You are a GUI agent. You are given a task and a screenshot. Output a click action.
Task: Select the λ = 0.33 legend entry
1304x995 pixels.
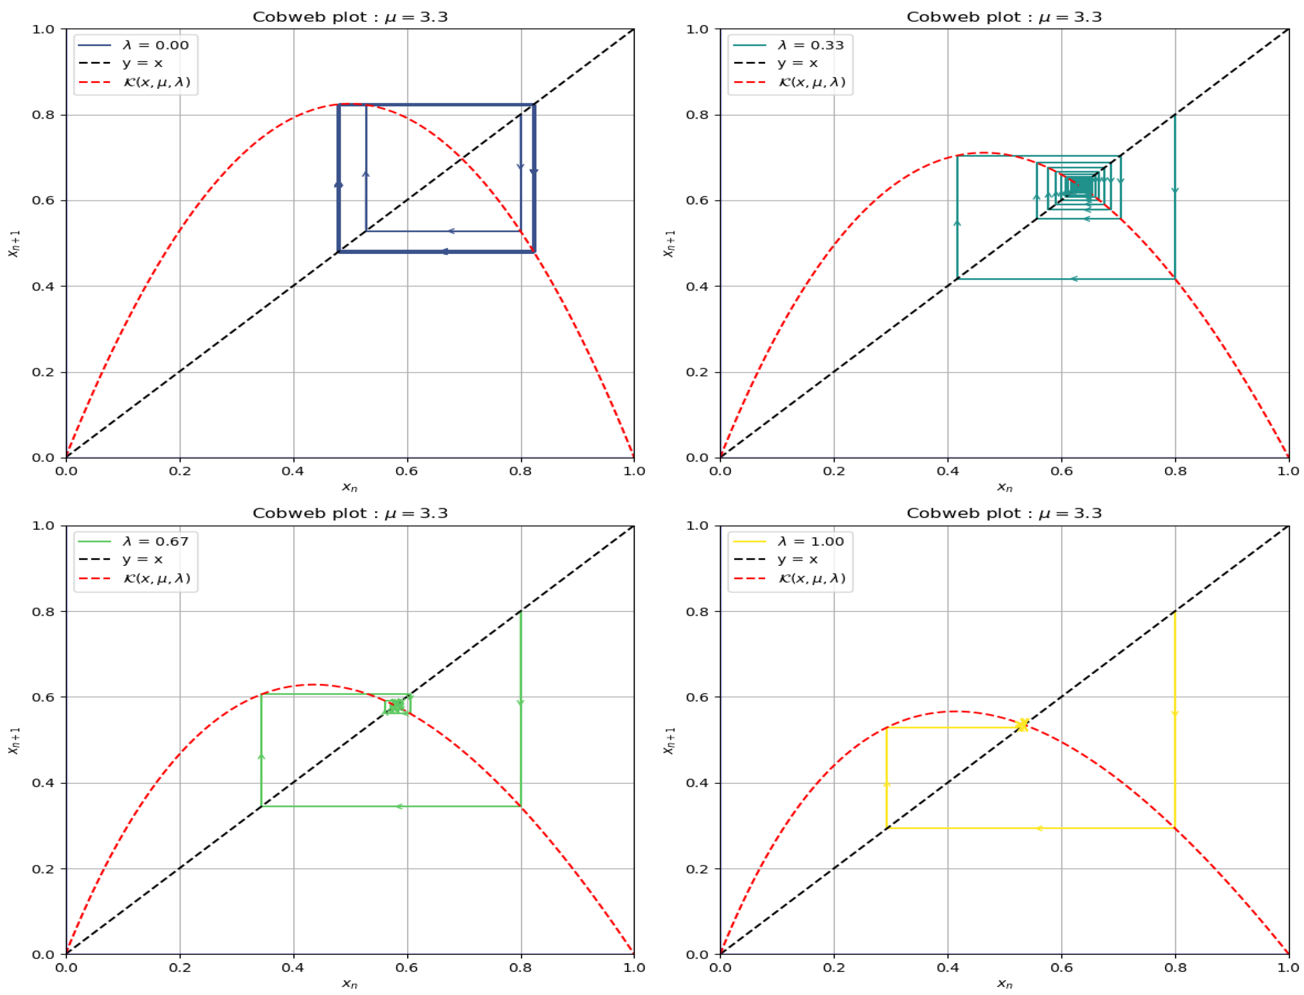coord(810,45)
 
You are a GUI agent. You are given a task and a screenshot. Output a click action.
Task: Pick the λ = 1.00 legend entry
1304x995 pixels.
coord(810,541)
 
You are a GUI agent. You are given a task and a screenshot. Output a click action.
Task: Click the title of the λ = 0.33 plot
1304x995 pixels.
coord(1004,17)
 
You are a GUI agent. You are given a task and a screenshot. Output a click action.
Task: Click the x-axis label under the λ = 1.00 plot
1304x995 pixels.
coord(1004,983)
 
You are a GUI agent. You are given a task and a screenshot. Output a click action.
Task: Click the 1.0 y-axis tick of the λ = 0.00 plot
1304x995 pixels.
coord(43,29)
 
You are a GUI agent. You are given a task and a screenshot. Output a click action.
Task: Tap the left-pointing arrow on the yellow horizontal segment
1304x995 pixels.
coord(1038,828)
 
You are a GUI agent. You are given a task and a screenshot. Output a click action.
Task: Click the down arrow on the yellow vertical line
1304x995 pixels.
coord(1175,714)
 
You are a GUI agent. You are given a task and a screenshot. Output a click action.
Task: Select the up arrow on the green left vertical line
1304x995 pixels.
coord(261,756)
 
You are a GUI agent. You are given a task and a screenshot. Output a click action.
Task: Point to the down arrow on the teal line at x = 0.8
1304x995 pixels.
coord(1175,190)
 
